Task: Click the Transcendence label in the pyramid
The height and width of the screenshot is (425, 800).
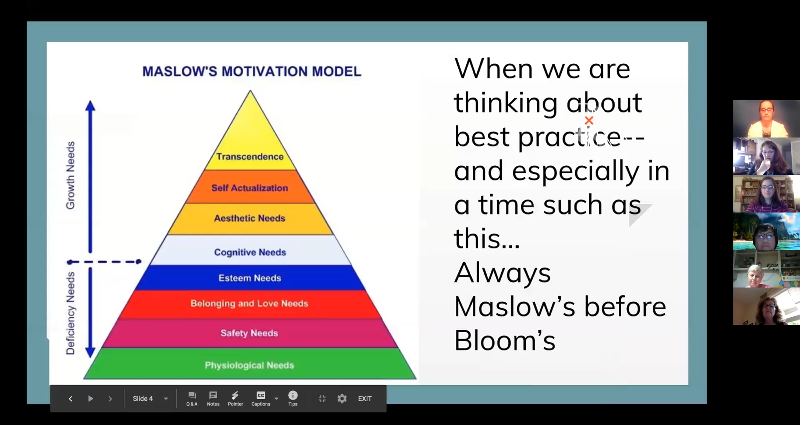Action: [250, 157]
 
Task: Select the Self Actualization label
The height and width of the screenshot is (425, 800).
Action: [250, 188]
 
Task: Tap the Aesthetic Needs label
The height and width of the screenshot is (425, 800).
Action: [250, 218]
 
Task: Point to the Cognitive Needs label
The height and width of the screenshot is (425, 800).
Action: [250, 252]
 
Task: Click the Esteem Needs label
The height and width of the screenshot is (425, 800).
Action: [250, 278]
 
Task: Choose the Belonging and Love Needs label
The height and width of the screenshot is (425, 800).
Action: [249, 303]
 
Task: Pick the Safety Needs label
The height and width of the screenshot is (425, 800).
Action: [249, 333]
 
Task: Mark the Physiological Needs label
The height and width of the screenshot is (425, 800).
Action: [249, 365]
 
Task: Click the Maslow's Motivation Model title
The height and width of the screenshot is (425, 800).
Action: [252, 71]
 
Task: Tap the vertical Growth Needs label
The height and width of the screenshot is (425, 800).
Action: [70, 175]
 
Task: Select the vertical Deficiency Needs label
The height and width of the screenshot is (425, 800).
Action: [70, 313]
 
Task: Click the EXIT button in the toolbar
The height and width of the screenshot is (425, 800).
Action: [365, 399]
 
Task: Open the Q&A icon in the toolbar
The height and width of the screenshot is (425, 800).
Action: [192, 399]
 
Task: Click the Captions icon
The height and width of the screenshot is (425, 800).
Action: [261, 399]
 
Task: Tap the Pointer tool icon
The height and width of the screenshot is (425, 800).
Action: [235, 399]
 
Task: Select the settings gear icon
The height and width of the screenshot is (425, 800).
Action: [342, 399]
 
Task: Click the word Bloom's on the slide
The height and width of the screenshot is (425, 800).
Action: [505, 341]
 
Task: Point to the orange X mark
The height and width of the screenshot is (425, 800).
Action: [589, 121]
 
